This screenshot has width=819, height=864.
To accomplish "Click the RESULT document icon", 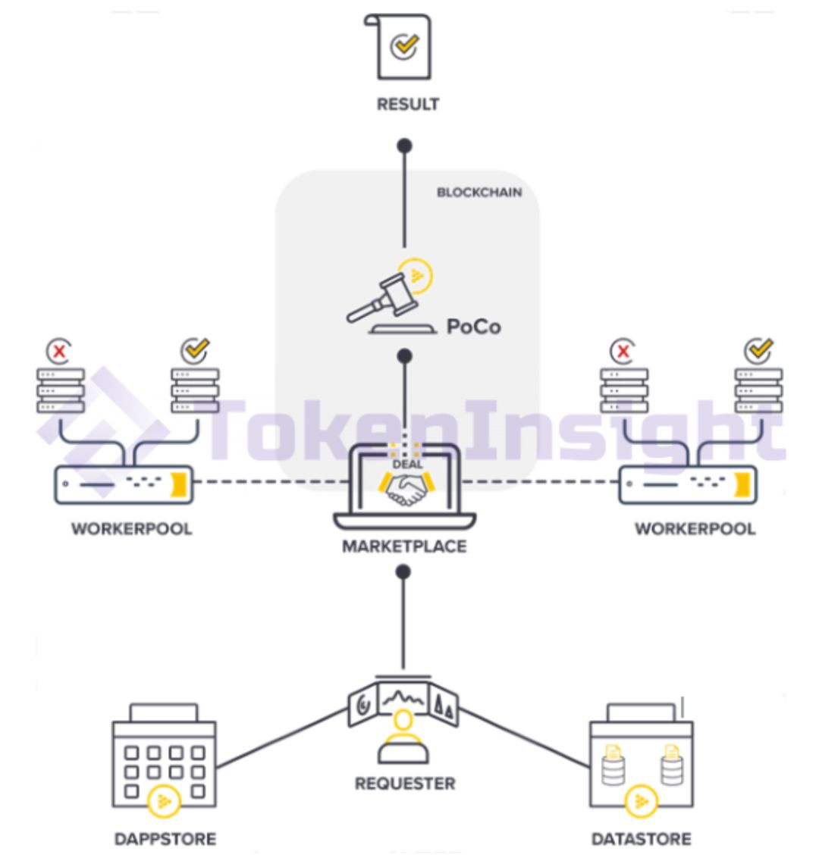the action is coord(398,47).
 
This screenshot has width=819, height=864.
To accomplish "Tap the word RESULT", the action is coord(408,104).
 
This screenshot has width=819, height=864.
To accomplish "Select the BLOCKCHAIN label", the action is coord(479,193).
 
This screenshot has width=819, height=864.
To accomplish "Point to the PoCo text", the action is coord(474,327).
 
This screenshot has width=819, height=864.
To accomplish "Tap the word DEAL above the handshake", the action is coord(407,464).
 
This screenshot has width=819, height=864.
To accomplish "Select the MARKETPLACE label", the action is coord(405,546).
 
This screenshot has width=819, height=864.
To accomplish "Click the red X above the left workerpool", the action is coord(59,351).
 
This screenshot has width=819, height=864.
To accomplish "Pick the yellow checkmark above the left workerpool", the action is coord(196,350).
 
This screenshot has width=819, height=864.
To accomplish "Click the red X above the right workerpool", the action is coord(623,351).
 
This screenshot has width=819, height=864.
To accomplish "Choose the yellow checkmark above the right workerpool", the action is coord(759,350).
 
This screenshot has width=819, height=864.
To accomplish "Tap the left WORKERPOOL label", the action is coord(132,529).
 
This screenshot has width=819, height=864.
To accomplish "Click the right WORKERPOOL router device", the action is coord(688,485).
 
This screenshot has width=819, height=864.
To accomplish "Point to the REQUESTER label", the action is coord(406,784).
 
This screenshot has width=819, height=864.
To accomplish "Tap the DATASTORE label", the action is coord(642,839).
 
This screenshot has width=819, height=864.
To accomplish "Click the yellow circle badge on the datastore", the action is coord(642,800).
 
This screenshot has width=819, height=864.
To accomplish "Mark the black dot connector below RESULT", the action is coord(405,146).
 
